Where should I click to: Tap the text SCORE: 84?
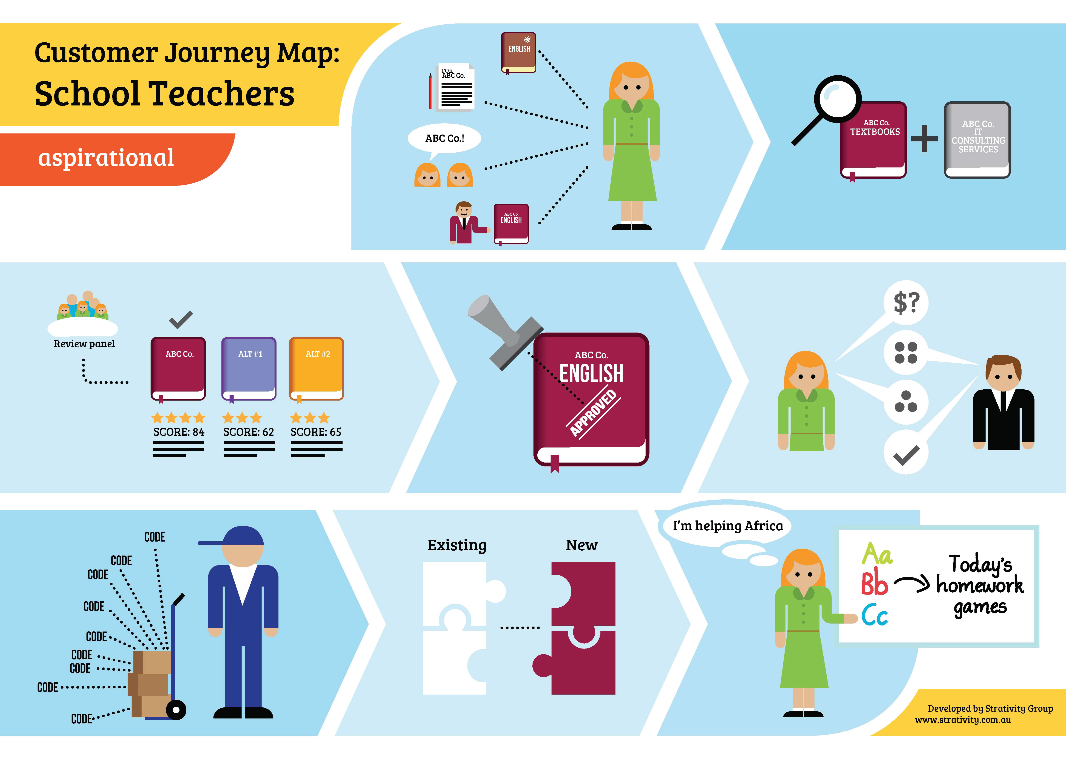pyautogui.click(x=179, y=432)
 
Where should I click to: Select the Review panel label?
pyautogui.click(x=84, y=344)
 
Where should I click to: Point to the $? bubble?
pyautogui.click(x=906, y=303)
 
